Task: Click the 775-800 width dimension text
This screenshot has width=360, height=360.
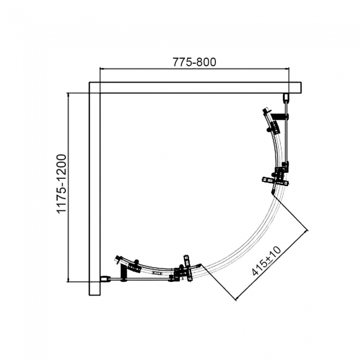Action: pos(194,62)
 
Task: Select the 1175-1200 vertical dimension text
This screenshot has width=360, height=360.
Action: pos(61,185)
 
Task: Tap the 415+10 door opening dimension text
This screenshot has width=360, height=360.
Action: pos(265,262)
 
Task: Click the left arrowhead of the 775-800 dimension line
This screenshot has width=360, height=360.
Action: pos(100,69)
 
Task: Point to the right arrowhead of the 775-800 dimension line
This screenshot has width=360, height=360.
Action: pos(290,69)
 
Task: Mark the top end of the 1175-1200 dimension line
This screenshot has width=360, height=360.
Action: pos(68,93)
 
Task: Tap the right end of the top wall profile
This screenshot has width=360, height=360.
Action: pos(301,88)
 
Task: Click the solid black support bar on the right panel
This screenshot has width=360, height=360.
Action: pos(282,116)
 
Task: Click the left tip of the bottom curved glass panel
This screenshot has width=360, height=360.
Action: pos(116,258)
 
